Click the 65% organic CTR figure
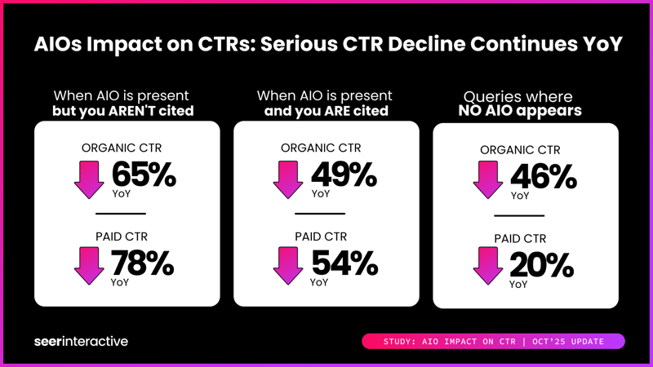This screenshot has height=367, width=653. pyautogui.click(x=144, y=175)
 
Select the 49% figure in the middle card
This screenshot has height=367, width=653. pyautogui.click(x=344, y=175)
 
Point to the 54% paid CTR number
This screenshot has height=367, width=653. pyautogui.click(x=344, y=263)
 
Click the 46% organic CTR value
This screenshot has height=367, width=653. pyautogui.click(x=543, y=177)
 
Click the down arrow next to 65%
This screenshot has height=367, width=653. pyautogui.click(x=89, y=180)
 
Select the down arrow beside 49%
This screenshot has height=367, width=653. pyautogui.click(x=288, y=179)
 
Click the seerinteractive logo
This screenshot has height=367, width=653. pyautogui.click(x=82, y=341)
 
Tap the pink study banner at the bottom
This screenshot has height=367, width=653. pyautogui.click(x=493, y=341)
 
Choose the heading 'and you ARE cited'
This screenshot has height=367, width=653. pyautogui.click(x=326, y=110)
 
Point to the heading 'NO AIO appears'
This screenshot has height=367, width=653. pyautogui.click(x=526, y=110)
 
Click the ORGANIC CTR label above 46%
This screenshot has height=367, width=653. pyautogui.click(x=526, y=150)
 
